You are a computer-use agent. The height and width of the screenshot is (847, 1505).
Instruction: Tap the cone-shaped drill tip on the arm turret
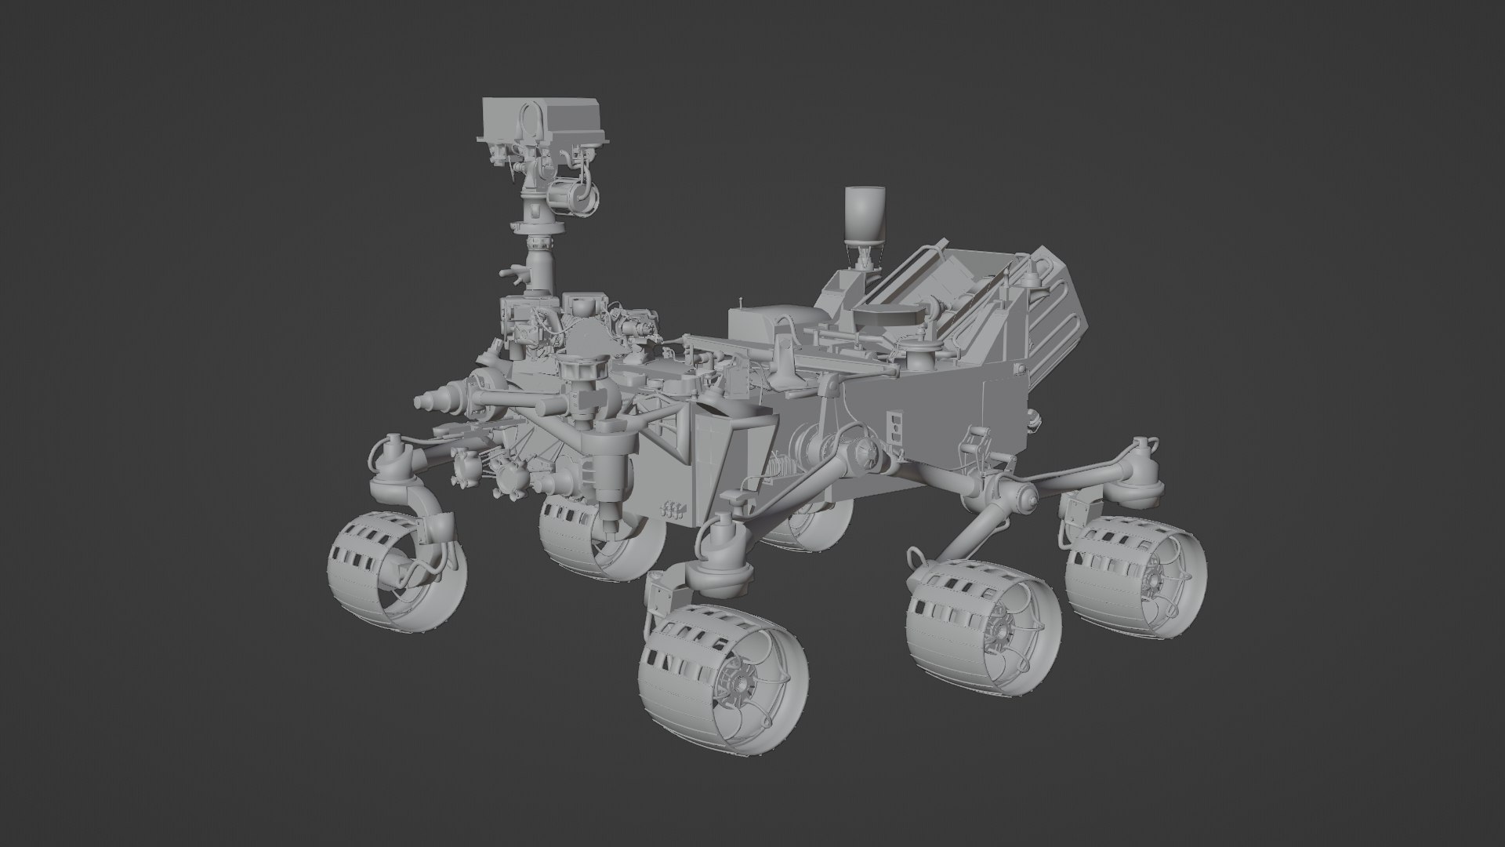427,402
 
